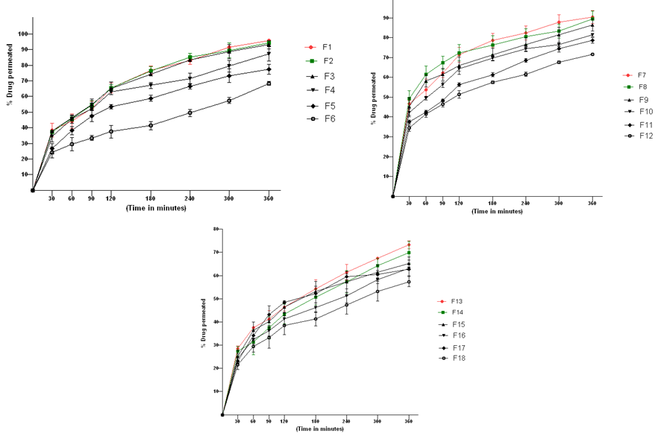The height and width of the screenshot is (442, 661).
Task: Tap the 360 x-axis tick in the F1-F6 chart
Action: click(269, 199)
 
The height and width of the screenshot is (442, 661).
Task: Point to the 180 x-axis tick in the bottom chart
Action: click(316, 422)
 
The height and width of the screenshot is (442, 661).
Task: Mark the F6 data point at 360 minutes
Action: click(269, 83)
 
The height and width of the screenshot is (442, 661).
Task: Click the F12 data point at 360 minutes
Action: click(592, 54)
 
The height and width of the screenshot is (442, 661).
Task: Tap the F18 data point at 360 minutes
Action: click(408, 282)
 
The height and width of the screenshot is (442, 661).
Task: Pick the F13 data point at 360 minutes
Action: click(408, 244)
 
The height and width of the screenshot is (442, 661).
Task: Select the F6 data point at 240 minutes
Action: click(190, 113)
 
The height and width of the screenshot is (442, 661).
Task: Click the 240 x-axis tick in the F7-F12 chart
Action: click(525, 203)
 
